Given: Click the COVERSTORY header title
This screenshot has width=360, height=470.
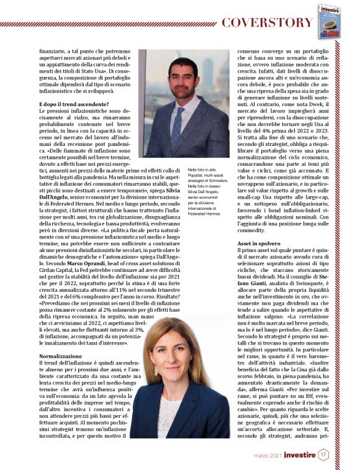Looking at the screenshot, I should point(268,24).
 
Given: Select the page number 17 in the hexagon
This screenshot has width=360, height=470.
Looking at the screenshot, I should point(323,455).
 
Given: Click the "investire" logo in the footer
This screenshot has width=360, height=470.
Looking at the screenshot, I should point(293,455).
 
